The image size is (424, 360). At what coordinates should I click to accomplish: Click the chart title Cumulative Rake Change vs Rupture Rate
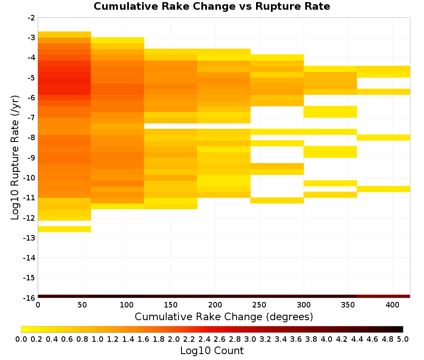[x=212, y=6]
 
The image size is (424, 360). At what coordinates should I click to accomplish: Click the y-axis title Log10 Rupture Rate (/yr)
[x=15, y=158]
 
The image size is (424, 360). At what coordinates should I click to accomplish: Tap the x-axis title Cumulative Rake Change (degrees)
[x=224, y=316]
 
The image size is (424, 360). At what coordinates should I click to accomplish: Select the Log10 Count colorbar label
[x=212, y=351]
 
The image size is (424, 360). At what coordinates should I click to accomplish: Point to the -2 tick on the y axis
[x=31, y=18]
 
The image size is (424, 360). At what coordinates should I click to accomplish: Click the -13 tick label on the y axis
[x=29, y=238]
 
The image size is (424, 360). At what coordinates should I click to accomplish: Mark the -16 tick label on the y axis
[x=29, y=298]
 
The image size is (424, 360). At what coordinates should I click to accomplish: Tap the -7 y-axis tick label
[x=31, y=118]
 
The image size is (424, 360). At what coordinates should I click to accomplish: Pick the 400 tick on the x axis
[x=392, y=305]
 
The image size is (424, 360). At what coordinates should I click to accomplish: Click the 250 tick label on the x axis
[x=259, y=305]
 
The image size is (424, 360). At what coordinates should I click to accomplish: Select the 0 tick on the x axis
[x=38, y=305]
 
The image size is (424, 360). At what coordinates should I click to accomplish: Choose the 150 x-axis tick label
[x=170, y=305]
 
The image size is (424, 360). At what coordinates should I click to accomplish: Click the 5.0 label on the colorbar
[x=403, y=339]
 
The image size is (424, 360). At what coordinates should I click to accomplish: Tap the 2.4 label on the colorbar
[x=204, y=339]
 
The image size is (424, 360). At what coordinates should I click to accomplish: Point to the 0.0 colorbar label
[x=21, y=339]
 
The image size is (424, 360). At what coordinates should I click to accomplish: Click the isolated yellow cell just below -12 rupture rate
[x=64, y=229]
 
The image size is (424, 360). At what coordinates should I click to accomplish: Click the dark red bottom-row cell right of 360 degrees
[x=383, y=296]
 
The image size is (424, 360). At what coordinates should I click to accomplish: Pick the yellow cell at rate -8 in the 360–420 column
[x=383, y=138]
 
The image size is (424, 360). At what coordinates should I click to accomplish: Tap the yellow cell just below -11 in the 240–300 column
[x=277, y=200]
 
